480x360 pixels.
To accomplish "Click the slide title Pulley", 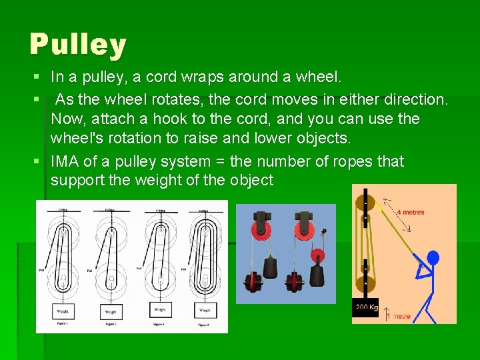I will pyautogui.click(x=77, y=45).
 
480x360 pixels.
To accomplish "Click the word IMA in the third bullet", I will pyautogui.click(x=65, y=162).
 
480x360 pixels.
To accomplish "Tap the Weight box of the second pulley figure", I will pyautogui.click(x=111, y=311).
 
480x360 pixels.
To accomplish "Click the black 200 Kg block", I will pyautogui.click(x=365, y=307).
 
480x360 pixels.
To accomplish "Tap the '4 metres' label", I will pyautogui.click(x=411, y=212).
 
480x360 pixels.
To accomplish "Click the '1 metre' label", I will pyautogui.click(x=401, y=316).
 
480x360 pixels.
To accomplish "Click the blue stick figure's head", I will pyautogui.click(x=433, y=257).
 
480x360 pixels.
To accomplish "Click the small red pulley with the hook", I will pyautogui.click(x=317, y=255).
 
